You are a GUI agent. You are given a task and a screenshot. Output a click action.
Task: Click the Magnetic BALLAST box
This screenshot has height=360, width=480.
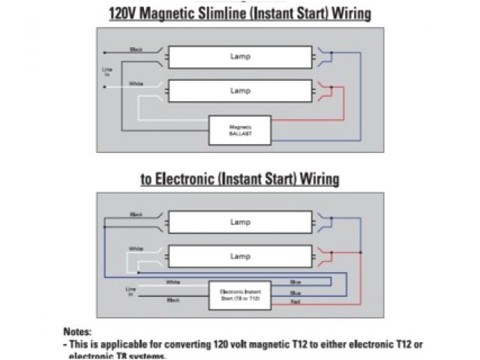coord(240,130)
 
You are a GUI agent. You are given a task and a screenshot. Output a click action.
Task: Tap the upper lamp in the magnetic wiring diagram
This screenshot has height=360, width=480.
coord(240,57)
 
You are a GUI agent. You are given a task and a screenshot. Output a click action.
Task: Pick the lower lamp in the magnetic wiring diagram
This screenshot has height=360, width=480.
coord(240,91)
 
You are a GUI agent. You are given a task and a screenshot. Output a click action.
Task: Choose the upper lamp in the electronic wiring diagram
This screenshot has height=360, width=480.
coord(240,222)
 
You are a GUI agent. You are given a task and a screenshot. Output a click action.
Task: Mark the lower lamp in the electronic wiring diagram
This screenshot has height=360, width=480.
coord(240,256)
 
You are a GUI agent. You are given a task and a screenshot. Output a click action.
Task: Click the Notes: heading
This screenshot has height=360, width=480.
coord(78,331)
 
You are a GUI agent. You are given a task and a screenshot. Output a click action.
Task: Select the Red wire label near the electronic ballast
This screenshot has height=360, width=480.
coord(295,301)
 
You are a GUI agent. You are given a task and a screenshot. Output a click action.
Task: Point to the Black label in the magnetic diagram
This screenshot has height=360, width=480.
coord(136,49)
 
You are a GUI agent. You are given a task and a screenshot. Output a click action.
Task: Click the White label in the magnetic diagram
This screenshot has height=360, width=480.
coord(136,83)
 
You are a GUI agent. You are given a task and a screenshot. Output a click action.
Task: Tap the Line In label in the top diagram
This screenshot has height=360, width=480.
coord(106,71)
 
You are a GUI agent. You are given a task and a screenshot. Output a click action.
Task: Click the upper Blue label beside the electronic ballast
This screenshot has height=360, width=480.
coord(295,283)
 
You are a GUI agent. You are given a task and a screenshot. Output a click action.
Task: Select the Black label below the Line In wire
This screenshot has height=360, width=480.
coord(173,300)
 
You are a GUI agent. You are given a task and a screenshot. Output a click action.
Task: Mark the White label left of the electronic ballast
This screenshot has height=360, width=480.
coord(173,283)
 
